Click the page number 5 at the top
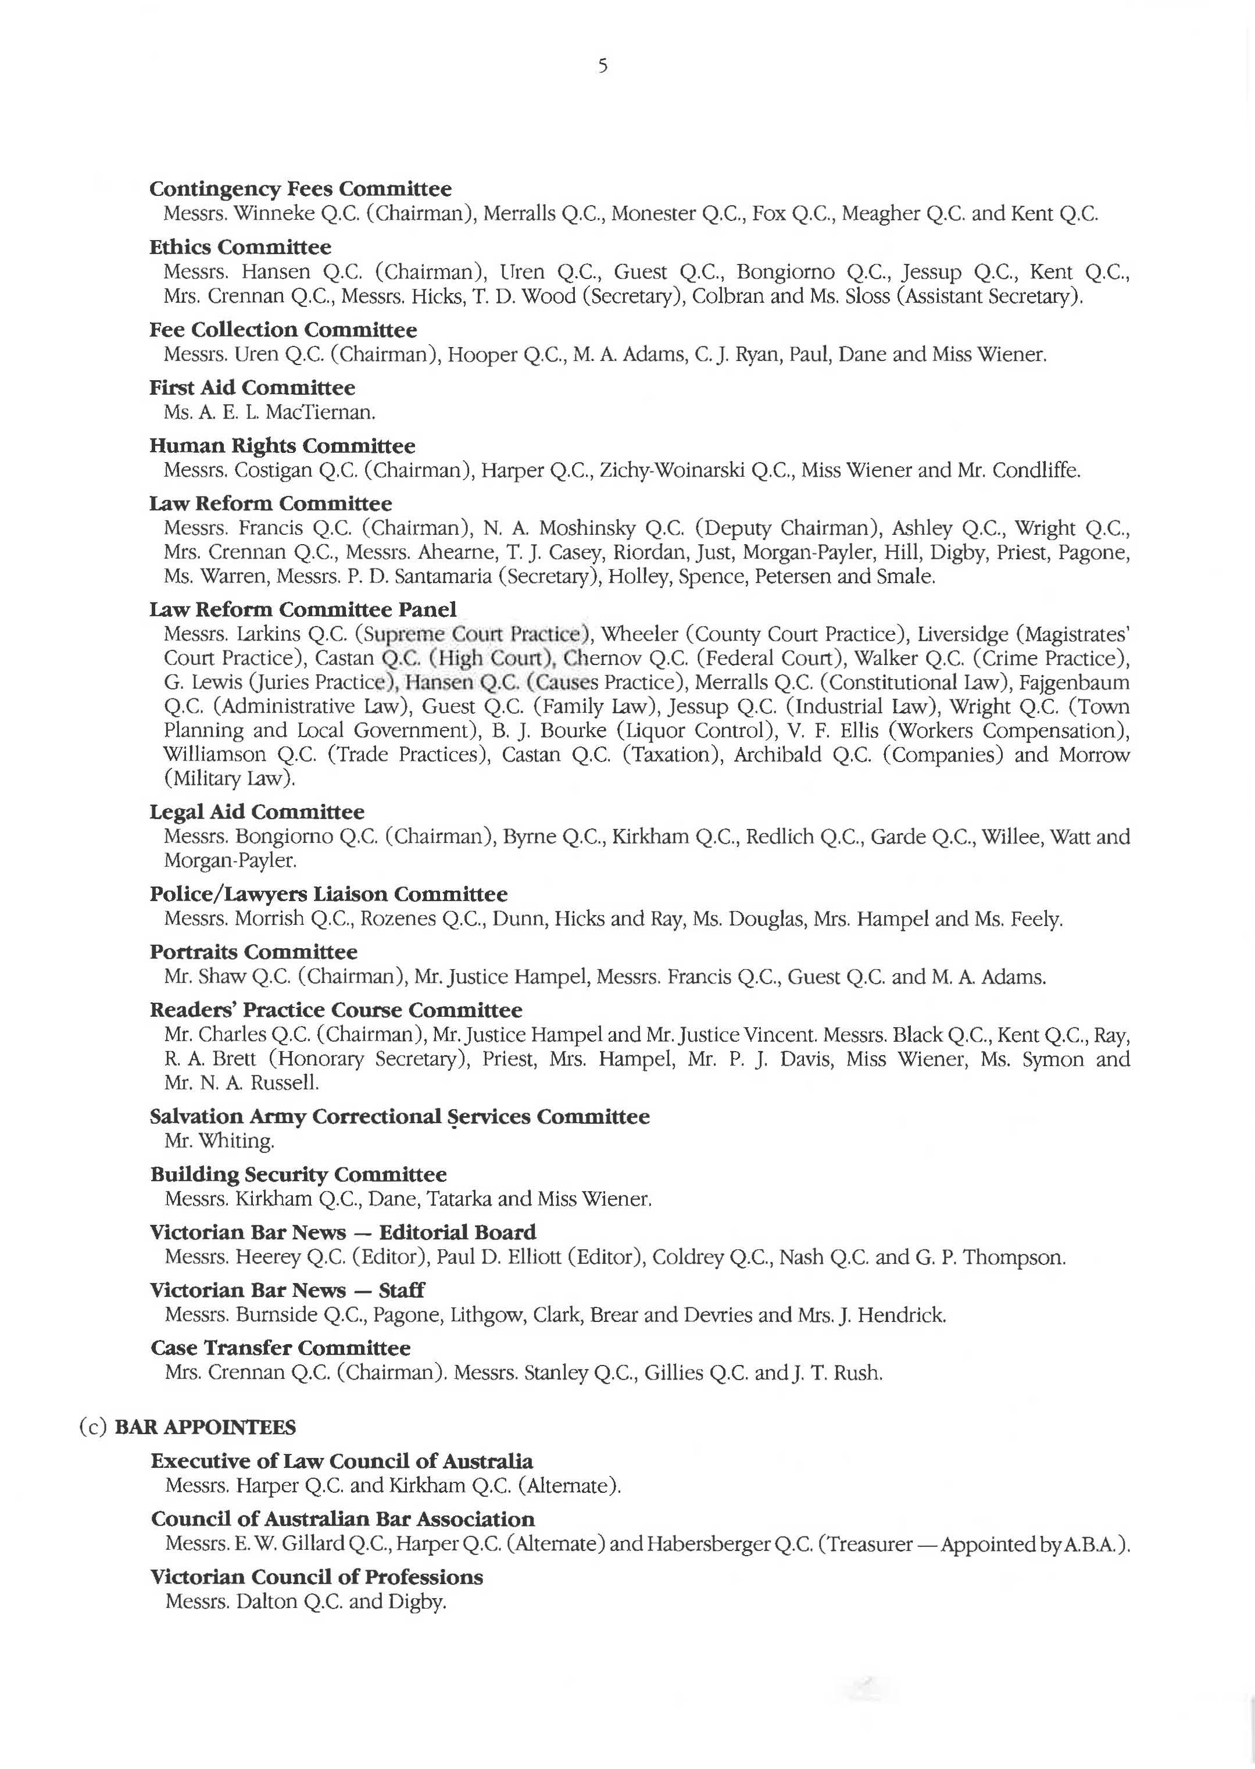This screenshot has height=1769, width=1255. (x=603, y=66)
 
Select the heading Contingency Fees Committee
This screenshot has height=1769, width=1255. (x=300, y=188)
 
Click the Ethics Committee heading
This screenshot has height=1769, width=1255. (x=239, y=247)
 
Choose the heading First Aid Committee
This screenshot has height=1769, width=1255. (x=252, y=387)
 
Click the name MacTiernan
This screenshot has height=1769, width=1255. (x=319, y=412)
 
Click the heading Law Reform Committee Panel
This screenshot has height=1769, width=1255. (x=302, y=610)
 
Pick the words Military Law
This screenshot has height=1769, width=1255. (x=230, y=778)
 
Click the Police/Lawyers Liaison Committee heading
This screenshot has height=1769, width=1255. (x=328, y=894)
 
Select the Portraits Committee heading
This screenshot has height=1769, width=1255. (x=253, y=952)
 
